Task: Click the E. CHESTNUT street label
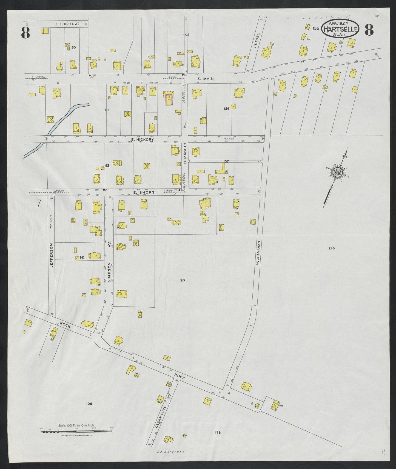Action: coord(67,24)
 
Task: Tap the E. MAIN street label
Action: coord(205,79)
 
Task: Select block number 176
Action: coord(218,433)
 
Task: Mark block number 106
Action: coord(89,404)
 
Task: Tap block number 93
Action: coord(183,280)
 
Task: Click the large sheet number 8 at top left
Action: coord(25,33)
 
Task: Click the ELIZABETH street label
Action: coord(185,153)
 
